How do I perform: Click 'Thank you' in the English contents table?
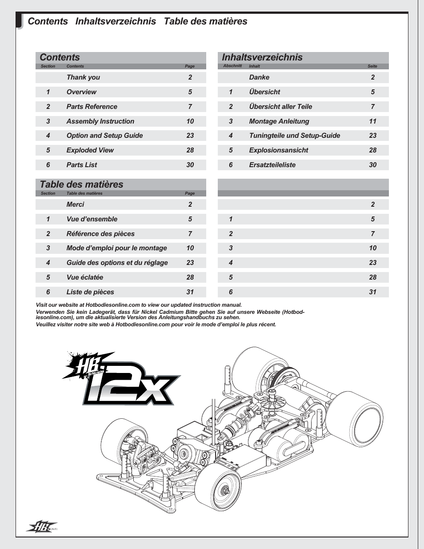[x=83, y=77]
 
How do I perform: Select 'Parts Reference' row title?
[x=92, y=107]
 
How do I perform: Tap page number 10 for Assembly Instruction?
[x=190, y=121]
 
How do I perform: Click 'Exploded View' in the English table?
[x=90, y=150]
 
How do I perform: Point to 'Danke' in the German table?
[x=259, y=77]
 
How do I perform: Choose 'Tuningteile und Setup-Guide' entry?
[x=294, y=136]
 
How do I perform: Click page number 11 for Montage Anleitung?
[x=372, y=121]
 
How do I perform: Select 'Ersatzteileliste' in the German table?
[x=272, y=165]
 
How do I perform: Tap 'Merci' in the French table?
[x=75, y=204]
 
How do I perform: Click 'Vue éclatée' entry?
[x=84, y=277]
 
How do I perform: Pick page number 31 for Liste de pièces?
[x=190, y=292]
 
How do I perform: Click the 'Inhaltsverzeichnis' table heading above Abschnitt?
[x=262, y=57]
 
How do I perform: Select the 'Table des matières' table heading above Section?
[x=81, y=184]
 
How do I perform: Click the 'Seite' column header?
[x=372, y=66]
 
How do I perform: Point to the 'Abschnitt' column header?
[x=232, y=66]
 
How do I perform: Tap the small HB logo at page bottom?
[x=42, y=527]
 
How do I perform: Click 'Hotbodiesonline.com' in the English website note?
[x=112, y=305]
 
